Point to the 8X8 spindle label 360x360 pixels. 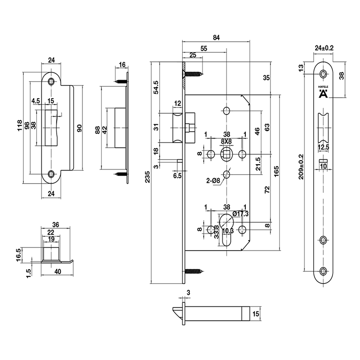click(x=226, y=141)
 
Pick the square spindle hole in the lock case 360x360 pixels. click(x=226, y=155)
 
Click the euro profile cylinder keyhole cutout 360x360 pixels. click(x=226, y=229)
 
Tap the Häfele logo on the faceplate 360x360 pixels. click(x=323, y=93)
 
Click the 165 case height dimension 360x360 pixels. click(x=276, y=172)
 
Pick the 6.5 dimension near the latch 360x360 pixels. click(x=177, y=176)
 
